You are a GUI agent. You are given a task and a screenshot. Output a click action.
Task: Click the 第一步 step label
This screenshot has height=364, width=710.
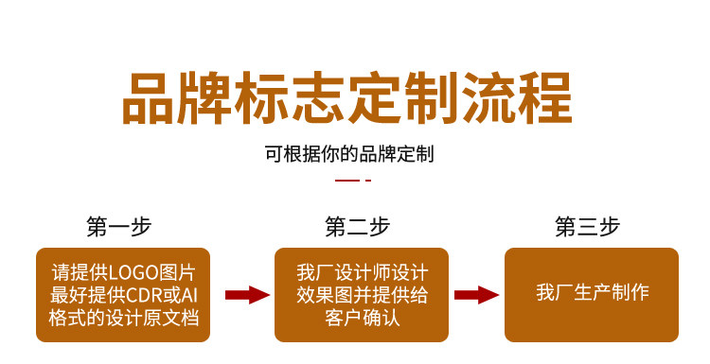pyautogui.click(x=118, y=227)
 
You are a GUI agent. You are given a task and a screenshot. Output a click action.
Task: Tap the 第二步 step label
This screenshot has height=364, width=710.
pyautogui.click(x=357, y=227)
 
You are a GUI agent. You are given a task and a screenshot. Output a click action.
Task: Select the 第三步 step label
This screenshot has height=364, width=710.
pyautogui.click(x=587, y=227)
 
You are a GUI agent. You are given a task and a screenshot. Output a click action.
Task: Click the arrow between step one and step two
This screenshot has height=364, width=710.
pyautogui.click(x=247, y=295)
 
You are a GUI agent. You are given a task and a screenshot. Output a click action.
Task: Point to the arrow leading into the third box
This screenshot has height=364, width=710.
pyautogui.click(x=476, y=295)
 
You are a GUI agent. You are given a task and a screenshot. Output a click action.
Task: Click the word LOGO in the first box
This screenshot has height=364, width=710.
pyautogui.click(x=133, y=272)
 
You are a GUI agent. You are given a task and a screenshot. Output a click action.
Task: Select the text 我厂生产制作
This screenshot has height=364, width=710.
pyautogui.click(x=593, y=292)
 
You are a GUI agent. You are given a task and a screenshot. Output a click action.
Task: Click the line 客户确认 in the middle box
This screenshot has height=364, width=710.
pyautogui.click(x=363, y=318)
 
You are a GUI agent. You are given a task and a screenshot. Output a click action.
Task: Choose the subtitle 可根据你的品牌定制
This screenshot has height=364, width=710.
pyautogui.click(x=349, y=154)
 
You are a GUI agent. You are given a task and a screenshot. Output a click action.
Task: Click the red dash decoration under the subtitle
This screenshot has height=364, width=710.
pyautogui.click(x=353, y=181)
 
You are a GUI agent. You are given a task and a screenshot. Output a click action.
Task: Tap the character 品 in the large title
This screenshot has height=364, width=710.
pyautogui.click(x=149, y=98)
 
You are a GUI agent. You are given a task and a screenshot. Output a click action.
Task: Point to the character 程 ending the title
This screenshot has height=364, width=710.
pyautogui.click(x=545, y=98)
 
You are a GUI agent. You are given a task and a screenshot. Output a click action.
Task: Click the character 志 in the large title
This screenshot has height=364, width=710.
pyautogui.click(x=319, y=98)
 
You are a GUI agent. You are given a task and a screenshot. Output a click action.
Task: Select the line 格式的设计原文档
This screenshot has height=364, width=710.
pyautogui.click(x=124, y=318)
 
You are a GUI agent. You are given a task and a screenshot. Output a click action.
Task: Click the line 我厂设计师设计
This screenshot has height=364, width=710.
pyautogui.click(x=363, y=272)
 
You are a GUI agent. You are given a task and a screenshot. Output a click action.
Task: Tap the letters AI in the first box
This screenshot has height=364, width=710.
pyautogui.click(x=189, y=295)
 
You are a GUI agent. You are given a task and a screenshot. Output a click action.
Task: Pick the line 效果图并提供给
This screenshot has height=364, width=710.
pyautogui.click(x=363, y=295)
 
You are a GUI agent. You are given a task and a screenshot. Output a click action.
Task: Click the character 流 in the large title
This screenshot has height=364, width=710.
pyautogui.click(x=489, y=98)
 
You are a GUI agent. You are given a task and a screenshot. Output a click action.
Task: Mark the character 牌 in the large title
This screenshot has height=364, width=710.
pyautogui.click(x=205, y=98)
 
